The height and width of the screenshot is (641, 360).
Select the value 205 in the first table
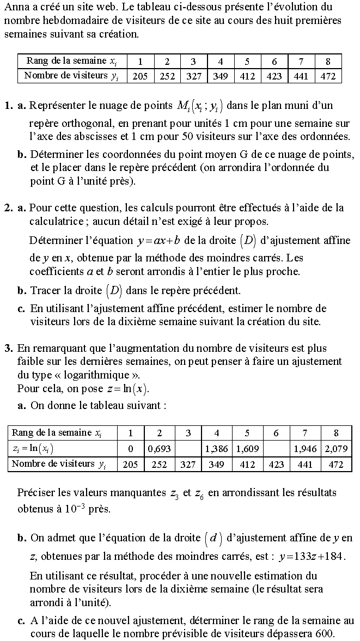(x=140, y=76)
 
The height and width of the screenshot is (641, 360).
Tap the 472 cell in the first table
(x=328, y=76)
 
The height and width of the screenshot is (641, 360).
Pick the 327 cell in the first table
(x=193, y=76)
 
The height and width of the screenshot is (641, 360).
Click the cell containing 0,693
(x=159, y=449)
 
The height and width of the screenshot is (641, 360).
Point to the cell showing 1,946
(x=305, y=449)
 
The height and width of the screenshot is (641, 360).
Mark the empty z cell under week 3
(x=188, y=449)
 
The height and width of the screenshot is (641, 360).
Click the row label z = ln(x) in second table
(x=33, y=449)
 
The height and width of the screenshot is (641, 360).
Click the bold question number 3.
(x=8, y=348)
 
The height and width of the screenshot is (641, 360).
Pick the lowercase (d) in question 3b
(x=213, y=539)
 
